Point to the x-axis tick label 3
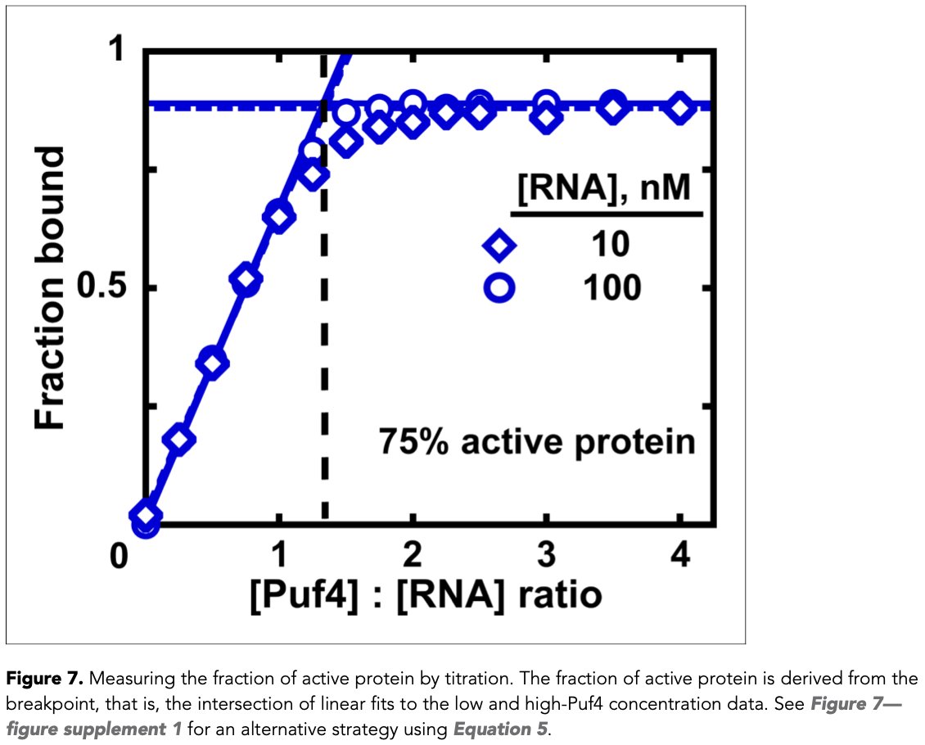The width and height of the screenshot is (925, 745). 546,555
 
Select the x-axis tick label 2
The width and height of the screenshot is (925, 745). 413,555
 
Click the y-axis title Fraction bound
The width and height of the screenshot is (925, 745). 51,288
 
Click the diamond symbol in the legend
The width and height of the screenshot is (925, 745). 497,245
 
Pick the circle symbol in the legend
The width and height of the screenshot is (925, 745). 497,288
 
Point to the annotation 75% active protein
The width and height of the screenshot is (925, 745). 536,442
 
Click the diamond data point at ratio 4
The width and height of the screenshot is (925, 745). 679,109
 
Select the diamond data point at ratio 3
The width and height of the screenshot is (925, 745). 546,120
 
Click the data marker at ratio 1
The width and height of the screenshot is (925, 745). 279,218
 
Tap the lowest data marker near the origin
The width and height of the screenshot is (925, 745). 147,521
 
